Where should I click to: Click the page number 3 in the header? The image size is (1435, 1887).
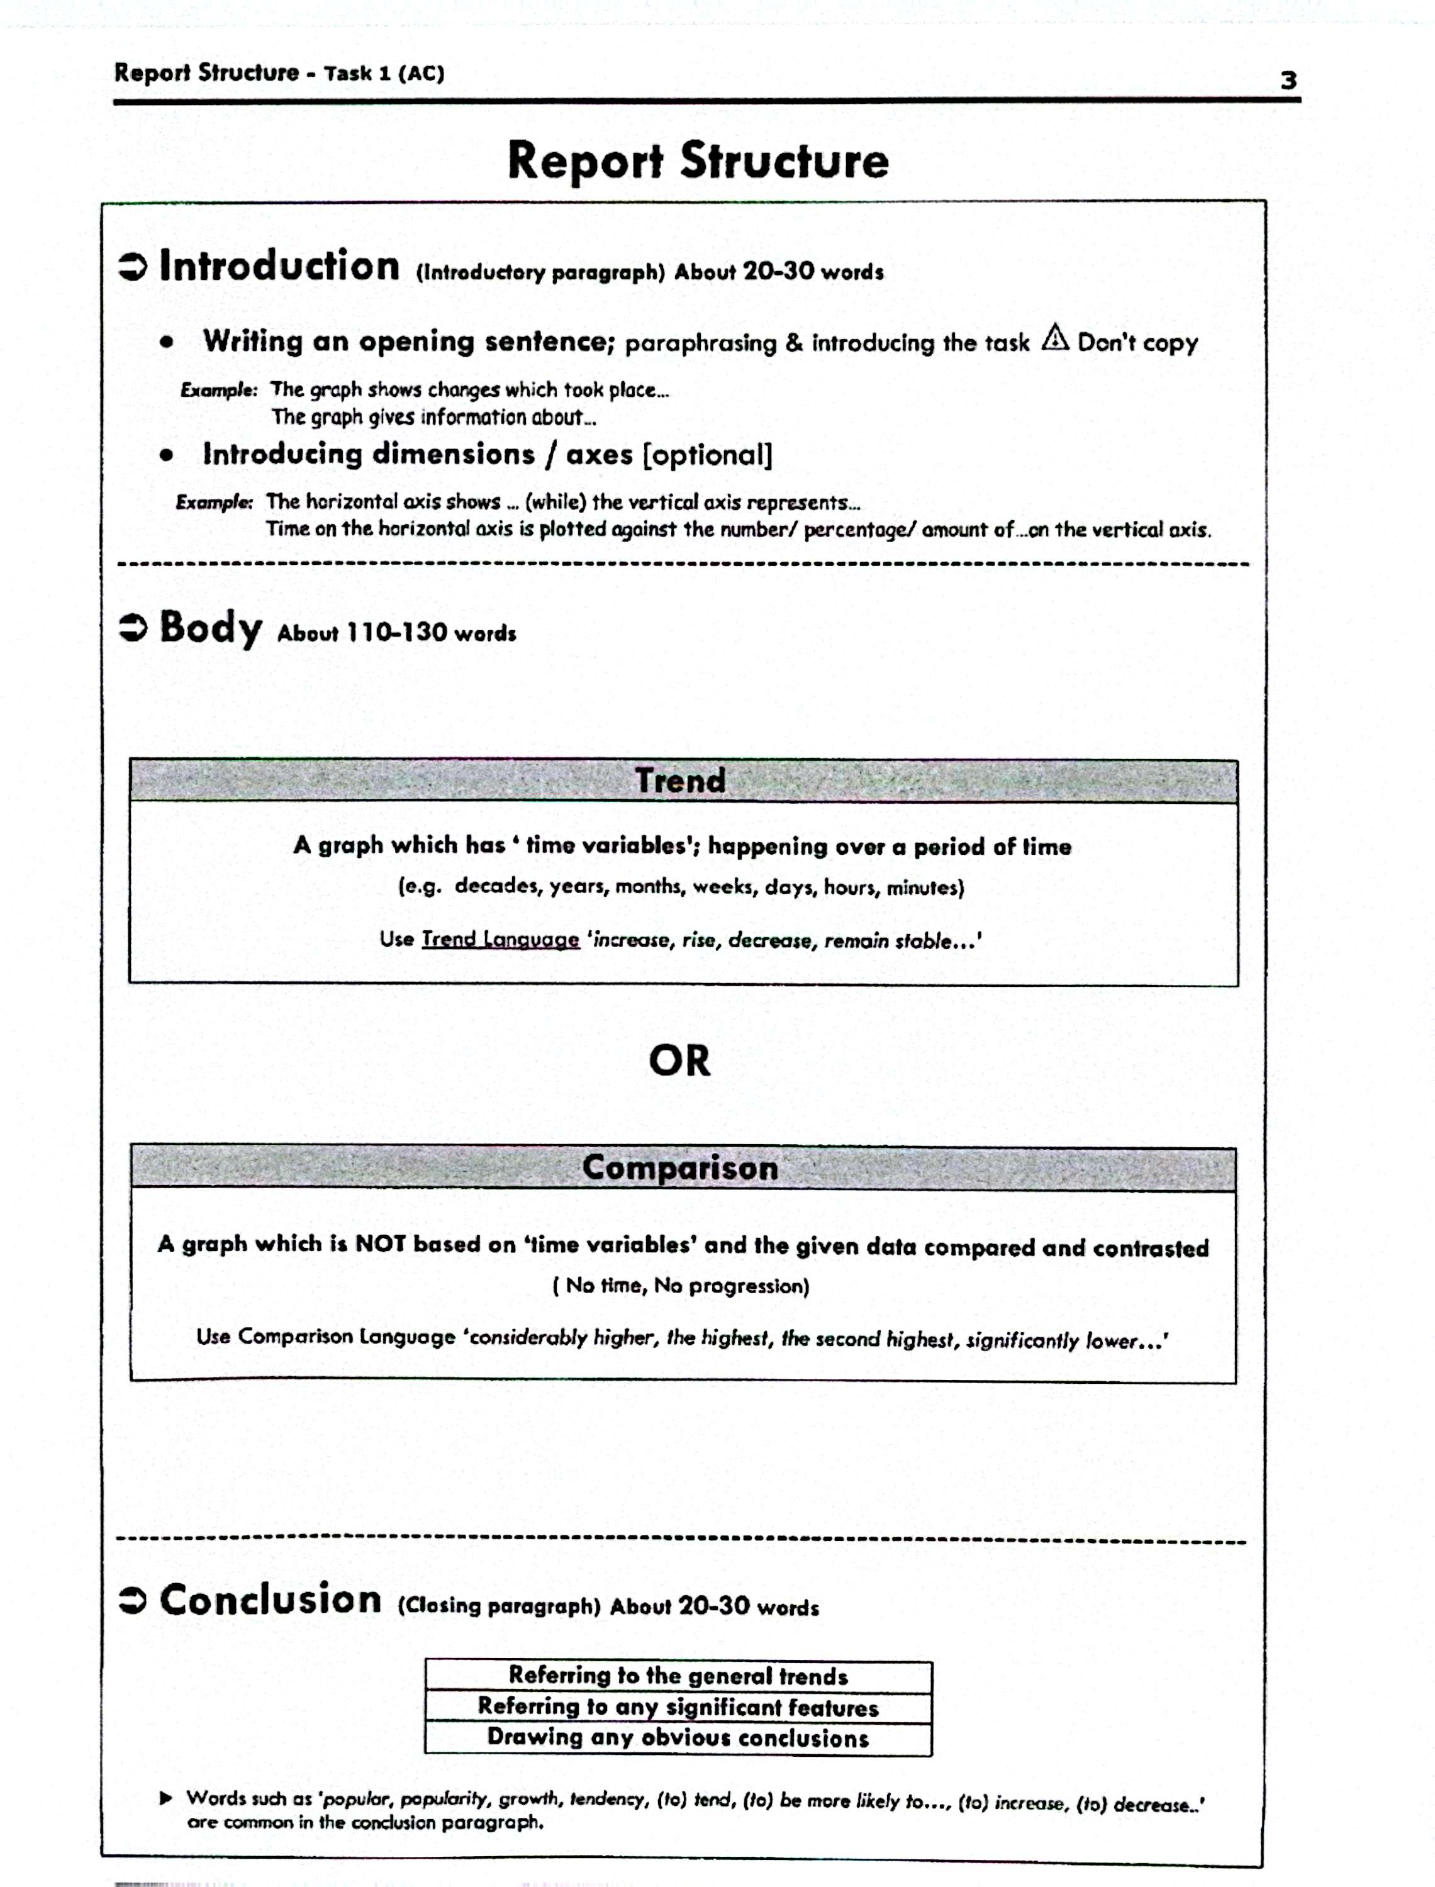click(1288, 81)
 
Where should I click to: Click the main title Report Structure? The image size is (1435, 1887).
click(698, 160)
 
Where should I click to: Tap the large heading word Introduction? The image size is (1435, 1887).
click(279, 267)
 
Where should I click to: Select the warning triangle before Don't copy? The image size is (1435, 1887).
click(1056, 338)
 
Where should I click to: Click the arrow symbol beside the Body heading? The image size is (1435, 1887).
click(132, 629)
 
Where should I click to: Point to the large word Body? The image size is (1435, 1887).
click(210, 628)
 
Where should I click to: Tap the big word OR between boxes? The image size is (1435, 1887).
click(679, 1061)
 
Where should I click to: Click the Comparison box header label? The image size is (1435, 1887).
click(680, 1167)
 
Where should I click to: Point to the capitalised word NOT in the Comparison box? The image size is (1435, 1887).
click(380, 1244)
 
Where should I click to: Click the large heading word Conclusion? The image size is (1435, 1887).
click(271, 1600)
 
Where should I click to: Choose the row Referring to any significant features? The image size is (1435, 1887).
click(678, 1707)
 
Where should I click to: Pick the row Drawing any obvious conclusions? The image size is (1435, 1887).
click(678, 1737)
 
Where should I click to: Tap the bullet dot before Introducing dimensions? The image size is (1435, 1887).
click(167, 455)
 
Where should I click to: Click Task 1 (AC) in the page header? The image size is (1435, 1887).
click(384, 74)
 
